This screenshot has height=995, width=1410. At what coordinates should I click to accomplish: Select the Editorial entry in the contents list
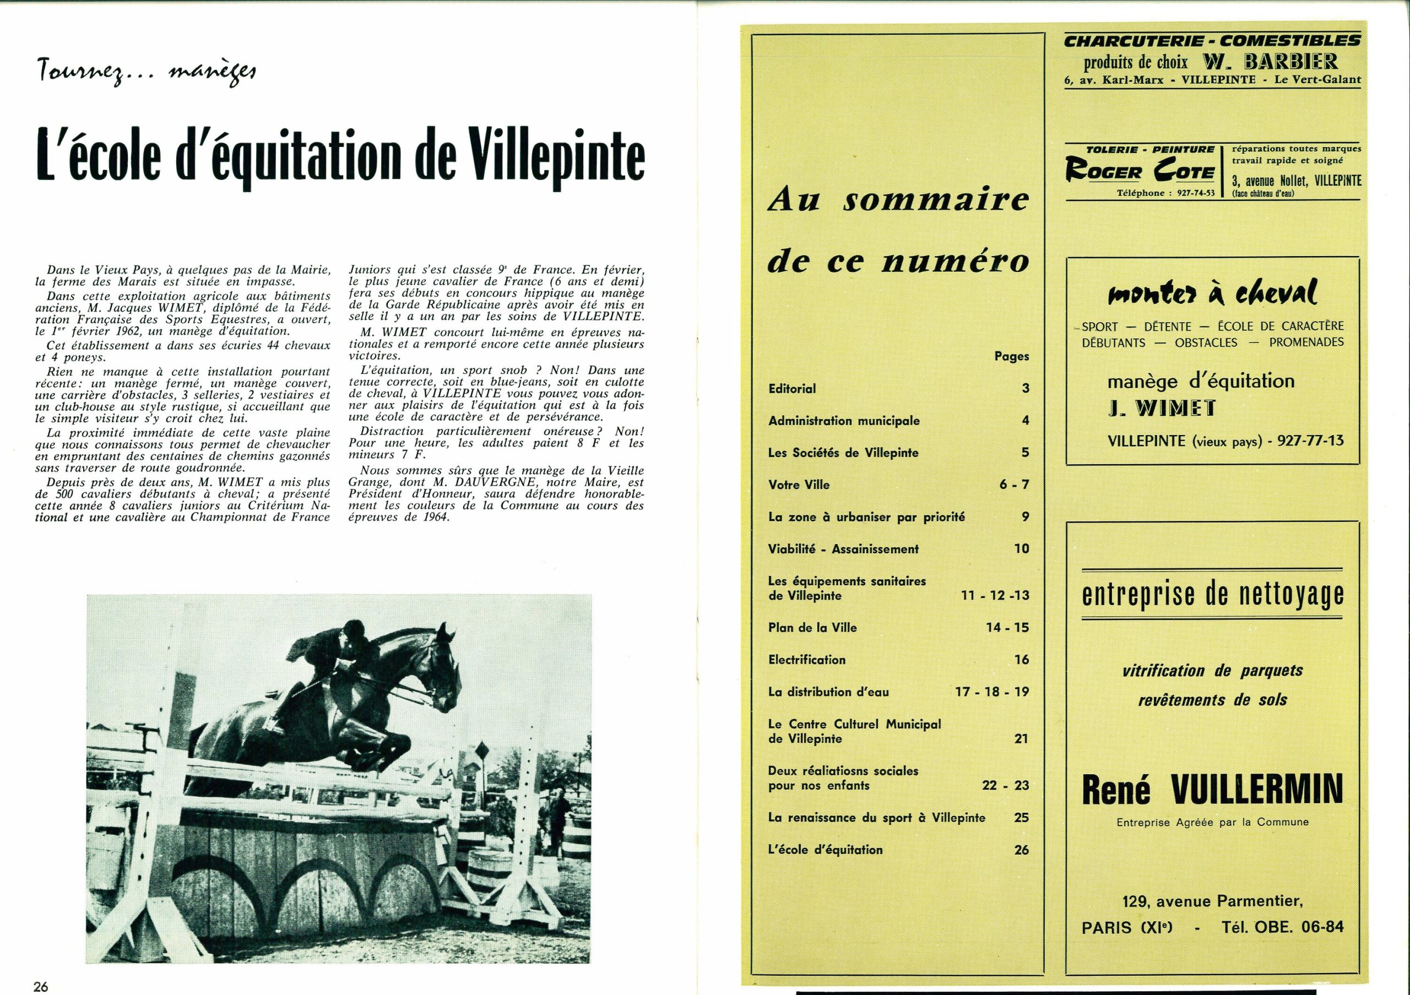tap(791, 389)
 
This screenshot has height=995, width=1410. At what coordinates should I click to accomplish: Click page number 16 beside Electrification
tap(1021, 660)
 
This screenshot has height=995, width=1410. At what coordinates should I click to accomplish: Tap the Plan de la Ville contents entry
tap(812, 627)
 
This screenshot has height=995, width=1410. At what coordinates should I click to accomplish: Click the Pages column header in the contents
tap(1011, 356)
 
